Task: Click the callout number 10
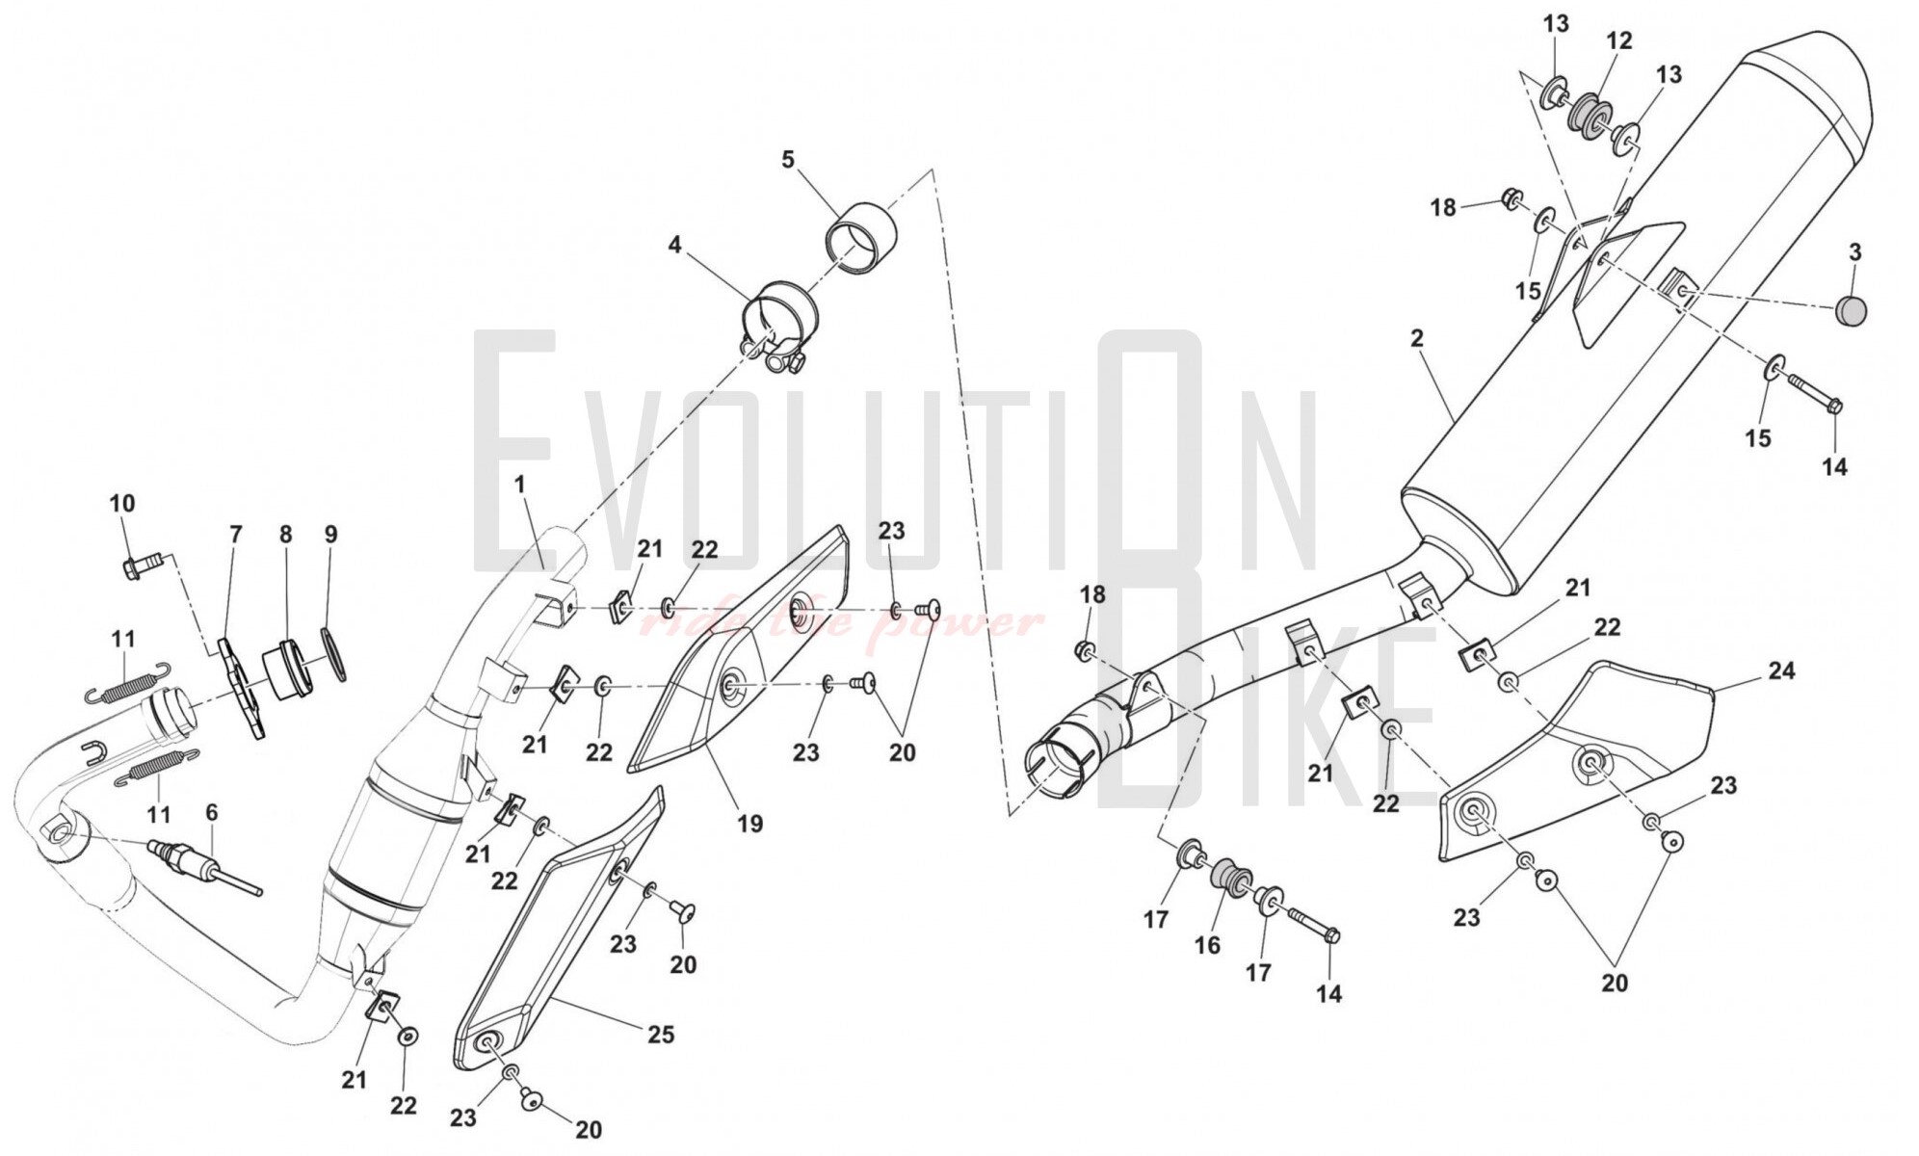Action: click(122, 503)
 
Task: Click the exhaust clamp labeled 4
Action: click(777, 328)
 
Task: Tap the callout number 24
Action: click(1781, 670)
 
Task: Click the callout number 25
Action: click(661, 1035)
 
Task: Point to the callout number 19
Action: click(749, 824)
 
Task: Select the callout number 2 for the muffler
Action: click(1416, 339)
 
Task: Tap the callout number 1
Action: click(520, 485)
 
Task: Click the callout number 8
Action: click(286, 534)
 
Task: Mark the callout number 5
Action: click(788, 159)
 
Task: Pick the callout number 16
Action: click(1207, 945)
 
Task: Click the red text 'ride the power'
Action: click(842, 624)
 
